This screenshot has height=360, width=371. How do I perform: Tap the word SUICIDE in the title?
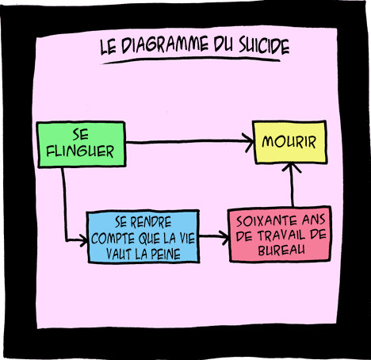point(264,46)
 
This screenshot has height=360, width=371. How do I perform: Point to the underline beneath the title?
point(191,60)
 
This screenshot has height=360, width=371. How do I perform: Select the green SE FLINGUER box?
point(81,144)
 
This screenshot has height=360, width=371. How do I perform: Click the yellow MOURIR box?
point(290,142)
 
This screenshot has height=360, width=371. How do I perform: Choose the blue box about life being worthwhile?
point(143,236)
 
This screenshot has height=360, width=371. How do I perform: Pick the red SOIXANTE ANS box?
point(280,234)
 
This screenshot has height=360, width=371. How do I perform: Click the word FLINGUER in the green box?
point(80,151)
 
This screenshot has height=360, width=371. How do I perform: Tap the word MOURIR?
point(289,142)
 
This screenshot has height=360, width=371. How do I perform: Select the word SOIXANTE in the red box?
point(266,220)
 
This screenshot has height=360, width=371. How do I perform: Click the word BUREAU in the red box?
point(281,250)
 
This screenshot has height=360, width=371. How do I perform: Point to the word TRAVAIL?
point(281,236)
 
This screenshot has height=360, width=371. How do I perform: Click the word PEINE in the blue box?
point(166,254)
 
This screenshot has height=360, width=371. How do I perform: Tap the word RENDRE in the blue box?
point(151,222)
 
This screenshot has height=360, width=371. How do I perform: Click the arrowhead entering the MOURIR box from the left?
point(249,143)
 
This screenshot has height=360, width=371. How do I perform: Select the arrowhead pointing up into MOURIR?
point(291,167)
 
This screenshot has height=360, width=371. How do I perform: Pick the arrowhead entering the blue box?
point(83,240)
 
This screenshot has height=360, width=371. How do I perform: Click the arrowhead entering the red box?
point(224,237)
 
